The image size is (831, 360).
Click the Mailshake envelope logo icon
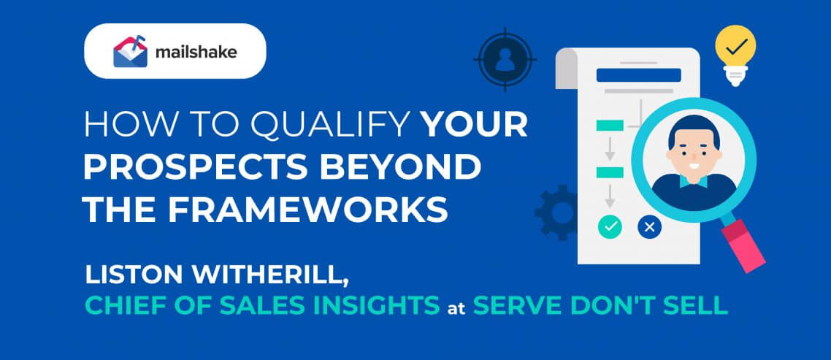130,51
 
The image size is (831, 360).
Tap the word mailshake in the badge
196,52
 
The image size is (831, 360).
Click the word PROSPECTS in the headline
195,168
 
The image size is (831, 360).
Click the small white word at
456,308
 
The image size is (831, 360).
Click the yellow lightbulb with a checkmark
735,53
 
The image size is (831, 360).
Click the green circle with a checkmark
610,227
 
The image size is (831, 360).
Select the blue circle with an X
650,227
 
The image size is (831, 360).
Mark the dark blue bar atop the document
639,75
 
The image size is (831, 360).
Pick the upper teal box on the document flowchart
610,125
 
